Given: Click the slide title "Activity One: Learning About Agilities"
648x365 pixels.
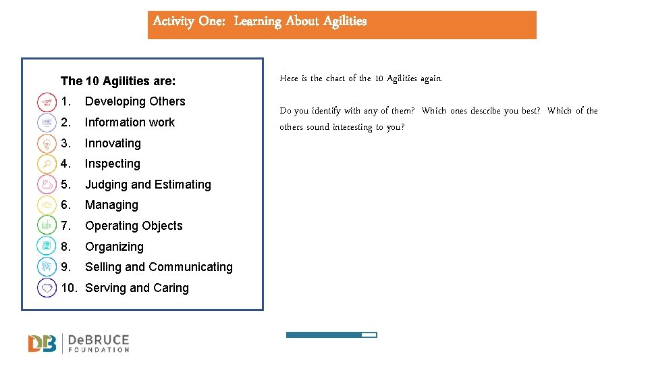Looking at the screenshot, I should pyautogui.click(x=260, y=21).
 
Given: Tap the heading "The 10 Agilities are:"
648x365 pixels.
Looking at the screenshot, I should pyautogui.click(x=118, y=81).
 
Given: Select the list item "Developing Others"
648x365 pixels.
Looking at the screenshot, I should pyautogui.click(x=135, y=101).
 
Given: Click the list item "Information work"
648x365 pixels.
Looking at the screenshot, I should pyautogui.click(x=130, y=122).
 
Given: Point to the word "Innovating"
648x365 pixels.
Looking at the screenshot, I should pyautogui.click(x=113, y=143).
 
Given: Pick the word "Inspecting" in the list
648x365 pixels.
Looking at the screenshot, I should pyautogui.click(x=113, y=164).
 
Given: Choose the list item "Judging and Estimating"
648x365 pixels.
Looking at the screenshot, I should pyautogui.click(x=148, y=185).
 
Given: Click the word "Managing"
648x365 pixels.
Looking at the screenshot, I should pyautogui.click(x=111, y=205).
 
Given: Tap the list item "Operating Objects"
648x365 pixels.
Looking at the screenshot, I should pyautogui.click(x=134, y=226).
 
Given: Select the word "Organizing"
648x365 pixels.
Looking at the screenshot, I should pyautogui.click(x=114, y=247).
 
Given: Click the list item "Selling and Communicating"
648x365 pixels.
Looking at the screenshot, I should pyautogui.click(x=159, y=267).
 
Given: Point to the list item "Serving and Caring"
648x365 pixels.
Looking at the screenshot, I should pyautogui.click(x=137, y=288).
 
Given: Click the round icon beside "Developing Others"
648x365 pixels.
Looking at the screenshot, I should pyautogui.click(x=47, y=102).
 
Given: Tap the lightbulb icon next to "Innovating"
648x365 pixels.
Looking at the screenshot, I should pyautogui.click(x=47, y=143).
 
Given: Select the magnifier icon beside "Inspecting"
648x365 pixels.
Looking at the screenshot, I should pyautogui.click(x=47, y=164).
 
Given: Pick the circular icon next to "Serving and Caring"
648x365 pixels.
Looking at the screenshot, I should pyautogui.click(x=47, y=288).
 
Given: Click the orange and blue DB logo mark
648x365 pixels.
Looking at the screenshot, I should pyautogui.click(x=43, y=343).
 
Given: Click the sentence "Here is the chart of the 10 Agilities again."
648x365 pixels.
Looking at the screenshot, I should pyautogui.click(x=361, y=78).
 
